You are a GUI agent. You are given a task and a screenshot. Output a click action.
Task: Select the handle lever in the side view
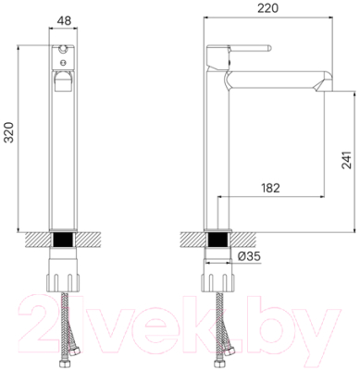pyautogui.click(x=242, y=50)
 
